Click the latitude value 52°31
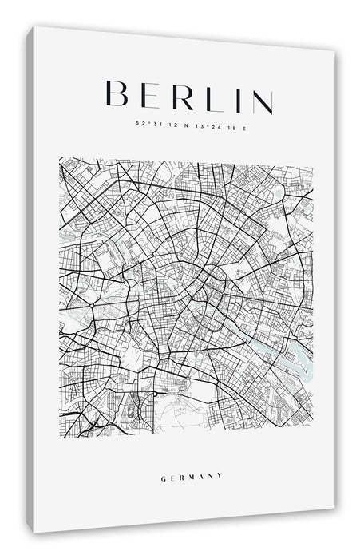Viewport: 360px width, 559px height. click(x=146, y=123)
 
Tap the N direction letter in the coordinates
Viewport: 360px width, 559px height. click(x=184, y=125)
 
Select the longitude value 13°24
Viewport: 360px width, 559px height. click(x=205, y=125)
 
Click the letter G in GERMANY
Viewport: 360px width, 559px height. click(x=162, y=478)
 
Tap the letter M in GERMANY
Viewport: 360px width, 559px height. click(x=192, y=478)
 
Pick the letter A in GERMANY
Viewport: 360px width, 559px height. click(x=202, y=478)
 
